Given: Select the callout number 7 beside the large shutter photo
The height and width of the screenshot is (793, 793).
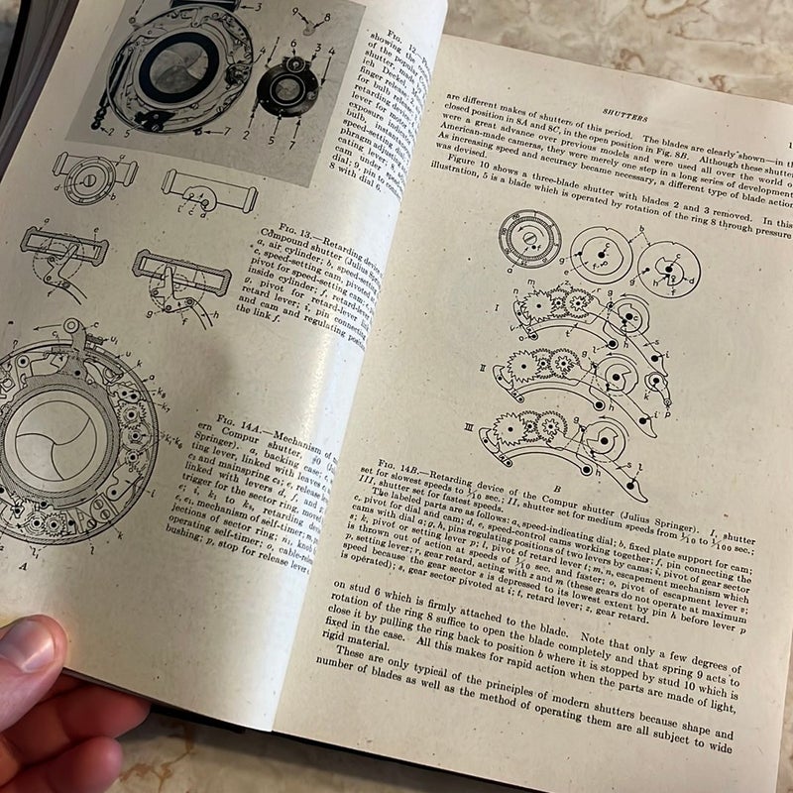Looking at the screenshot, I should point(228,130).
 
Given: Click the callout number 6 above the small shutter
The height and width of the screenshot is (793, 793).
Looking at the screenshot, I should point(293,46).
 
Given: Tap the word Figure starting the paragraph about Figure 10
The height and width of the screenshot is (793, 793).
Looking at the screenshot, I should point(471,190).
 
